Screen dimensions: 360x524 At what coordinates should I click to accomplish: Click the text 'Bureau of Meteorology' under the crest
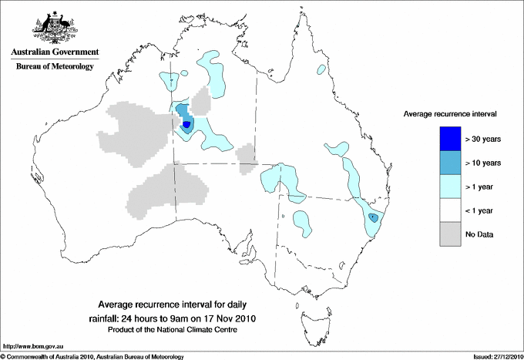tap(54, 67)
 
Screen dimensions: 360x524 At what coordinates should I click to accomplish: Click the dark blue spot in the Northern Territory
tap(187, 124)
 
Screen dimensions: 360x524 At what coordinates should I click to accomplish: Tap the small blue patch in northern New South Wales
tap(374, 218)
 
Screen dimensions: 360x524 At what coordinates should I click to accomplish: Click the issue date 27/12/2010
tap(502, 356)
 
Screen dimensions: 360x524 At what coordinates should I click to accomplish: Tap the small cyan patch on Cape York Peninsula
tap(320, 70)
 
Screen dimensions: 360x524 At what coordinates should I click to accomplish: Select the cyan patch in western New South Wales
tap(303, 223)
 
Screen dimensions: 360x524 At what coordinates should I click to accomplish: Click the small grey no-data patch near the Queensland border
tap(246, 155)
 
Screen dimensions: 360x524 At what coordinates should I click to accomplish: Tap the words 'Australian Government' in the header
tap(54, 53)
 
